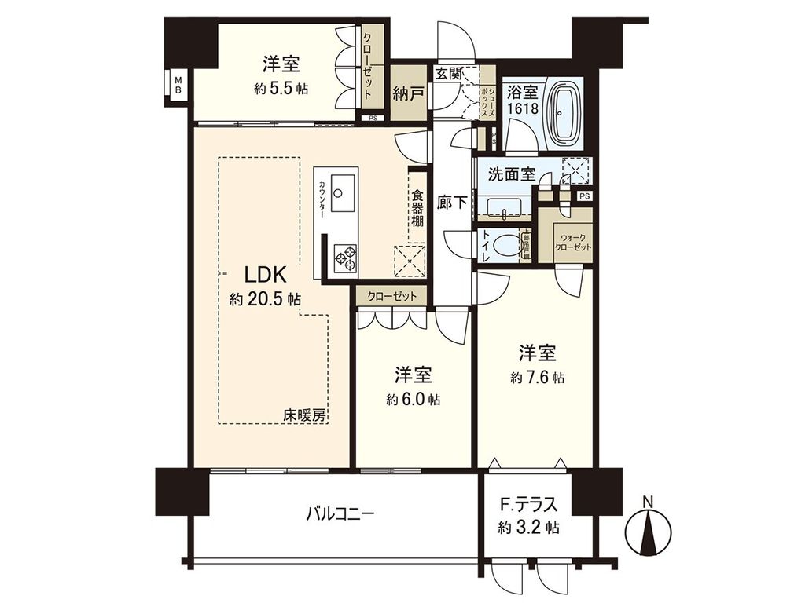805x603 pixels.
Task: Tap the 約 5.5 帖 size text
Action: [x=281, y=89]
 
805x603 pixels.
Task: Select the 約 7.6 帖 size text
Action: [x=537, y=378]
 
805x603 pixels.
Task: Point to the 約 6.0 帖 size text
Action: [x=413, y=400]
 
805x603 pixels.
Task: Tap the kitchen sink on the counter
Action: [x=344, y=193]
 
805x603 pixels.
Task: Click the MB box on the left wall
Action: [x=178, y=83]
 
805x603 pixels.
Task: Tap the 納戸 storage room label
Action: [x=409, y=94]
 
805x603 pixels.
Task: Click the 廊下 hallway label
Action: [x=452, y=202]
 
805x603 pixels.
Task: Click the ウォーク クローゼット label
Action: [x=572, y=242]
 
